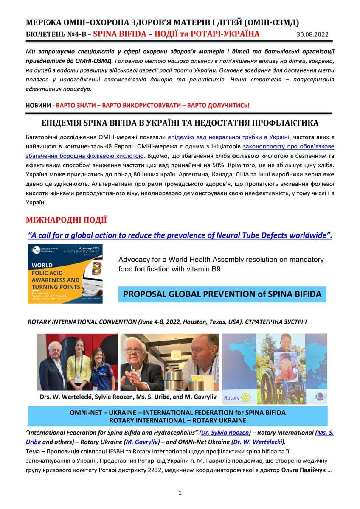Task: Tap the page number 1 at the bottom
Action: click(180, 492)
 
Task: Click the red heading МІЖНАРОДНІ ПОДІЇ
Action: click(66, 220)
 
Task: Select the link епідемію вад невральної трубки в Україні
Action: click(229, 137)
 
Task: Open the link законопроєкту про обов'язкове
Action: click(288, 146)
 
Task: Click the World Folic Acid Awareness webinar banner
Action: click(65, 274)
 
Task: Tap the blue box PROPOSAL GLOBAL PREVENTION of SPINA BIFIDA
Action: click(222, 294)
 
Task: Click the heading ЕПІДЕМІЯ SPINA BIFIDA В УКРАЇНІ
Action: click(180, 123)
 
